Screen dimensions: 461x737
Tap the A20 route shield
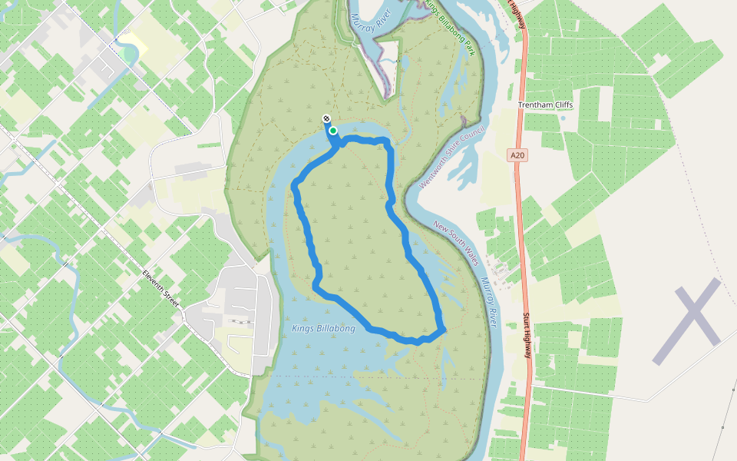pyautogui.click(x=518, y=155)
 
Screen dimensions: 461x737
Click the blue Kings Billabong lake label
pyautogui.click(x=324, y=329)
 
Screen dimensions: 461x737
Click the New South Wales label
pyautogui.click(x=456, y=243)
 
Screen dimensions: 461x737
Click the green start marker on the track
pyautogui.click(x=333, y=131)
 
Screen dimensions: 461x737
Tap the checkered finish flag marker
pyautogui.click(x=326, y=119)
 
